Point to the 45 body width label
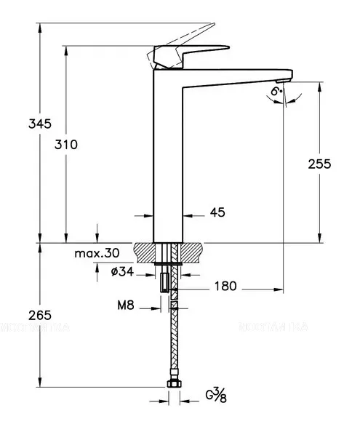point(217,212)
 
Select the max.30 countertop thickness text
point(97,253)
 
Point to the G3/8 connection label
point(215,398)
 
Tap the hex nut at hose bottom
point(174,383)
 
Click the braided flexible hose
point(174,342)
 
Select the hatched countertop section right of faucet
point(193,252)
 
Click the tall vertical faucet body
point(168,160)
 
